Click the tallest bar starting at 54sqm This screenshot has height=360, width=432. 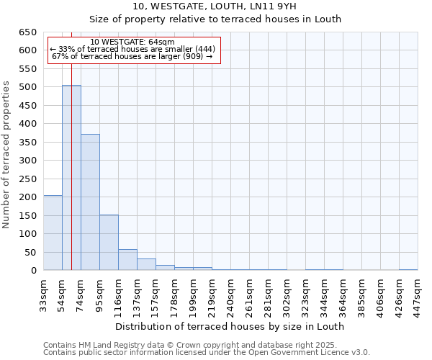coord(71,178)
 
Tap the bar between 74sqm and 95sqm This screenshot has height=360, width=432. coord(90,202)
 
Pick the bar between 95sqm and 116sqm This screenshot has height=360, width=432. coord(109,243)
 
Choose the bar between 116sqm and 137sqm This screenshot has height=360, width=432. coord(127,260)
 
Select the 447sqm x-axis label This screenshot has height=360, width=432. coord(418,294)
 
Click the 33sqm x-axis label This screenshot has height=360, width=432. coord(44,294)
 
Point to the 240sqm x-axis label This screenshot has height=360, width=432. coord(230,294)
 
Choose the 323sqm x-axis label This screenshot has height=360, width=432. coord(305,294)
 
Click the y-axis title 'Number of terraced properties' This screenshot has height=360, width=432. coord(7,154)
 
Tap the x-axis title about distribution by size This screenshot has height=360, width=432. coord(230,326)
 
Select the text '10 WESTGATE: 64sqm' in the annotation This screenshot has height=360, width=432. coord(132,42)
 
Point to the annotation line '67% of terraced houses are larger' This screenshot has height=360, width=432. coord(132,56)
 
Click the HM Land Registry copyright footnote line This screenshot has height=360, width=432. coord(190,345)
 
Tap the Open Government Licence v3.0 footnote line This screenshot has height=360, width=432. coord(207,352)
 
